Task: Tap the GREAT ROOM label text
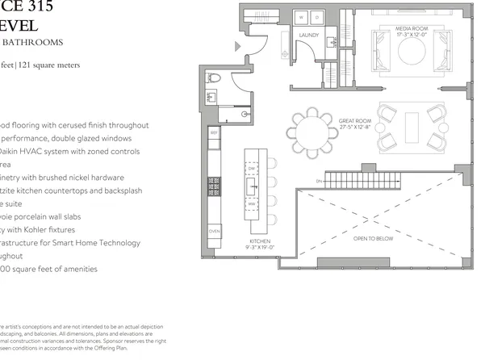point(353,123)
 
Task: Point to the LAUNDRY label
point(308,36)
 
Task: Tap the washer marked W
point(303,17)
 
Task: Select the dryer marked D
point(316,17)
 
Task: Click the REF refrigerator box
point(215,133)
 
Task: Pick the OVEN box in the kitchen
point(215,231)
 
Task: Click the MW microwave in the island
point(253,204)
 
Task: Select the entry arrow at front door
point(238,47)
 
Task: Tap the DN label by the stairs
point(320,180)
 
